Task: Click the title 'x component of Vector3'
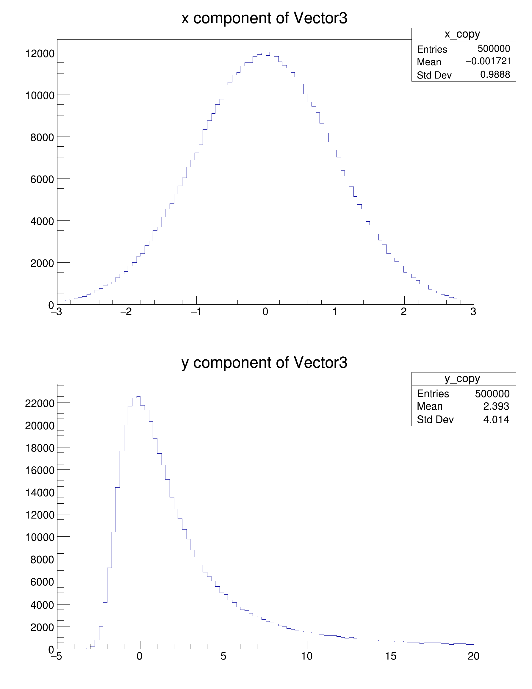(x=264, y=18)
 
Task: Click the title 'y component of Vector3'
(x=264, y=363)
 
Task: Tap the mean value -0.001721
(x=489, y=61)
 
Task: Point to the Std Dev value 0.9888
(x=495, y=74)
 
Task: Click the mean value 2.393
(x=496, y=406)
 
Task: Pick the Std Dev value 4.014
(x=496, y=419)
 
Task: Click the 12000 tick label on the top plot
(x=40, y=54)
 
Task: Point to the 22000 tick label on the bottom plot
(x=40, y=403)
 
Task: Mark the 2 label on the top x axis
(x=403, y=312)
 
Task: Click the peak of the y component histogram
(x=138, y=397)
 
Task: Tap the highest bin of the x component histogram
(x=272, y=52)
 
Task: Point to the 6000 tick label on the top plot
(x=42, y=179)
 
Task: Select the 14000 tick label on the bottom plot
(x=40, y=492)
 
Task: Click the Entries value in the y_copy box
(x=492, y=393)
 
